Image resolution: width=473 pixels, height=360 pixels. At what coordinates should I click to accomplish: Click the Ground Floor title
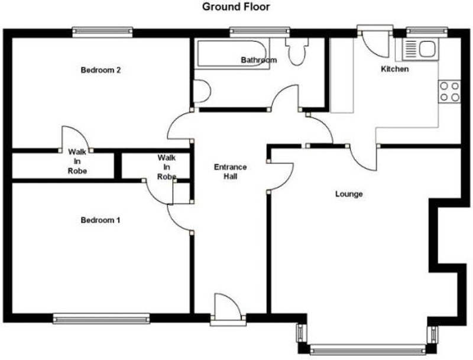[x=236, y=7]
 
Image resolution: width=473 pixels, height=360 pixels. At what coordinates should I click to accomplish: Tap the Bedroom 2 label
[x=101, y=70]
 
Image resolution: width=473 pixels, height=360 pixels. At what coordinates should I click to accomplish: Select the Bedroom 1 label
[x=101, y=220]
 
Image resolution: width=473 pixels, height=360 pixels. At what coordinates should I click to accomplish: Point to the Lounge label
[x=349, y=194]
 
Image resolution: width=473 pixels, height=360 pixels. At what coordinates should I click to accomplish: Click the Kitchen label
[x=395, y=69]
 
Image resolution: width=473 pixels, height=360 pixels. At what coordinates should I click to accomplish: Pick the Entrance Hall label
[x=231, y=171]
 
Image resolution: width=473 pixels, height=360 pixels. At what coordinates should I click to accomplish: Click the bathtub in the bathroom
[x=232, y=54]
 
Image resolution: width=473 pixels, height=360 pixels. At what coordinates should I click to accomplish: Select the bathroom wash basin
[x=202, y=91]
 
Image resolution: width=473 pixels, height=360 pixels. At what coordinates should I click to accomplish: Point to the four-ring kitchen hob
[x=449, y=92]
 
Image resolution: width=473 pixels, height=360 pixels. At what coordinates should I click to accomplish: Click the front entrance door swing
[x=228, y=306]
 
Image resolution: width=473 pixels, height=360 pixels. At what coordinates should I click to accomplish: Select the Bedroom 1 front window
[x=101, y=319]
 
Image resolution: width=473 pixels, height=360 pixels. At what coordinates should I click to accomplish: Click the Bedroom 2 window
[x=102, y=33]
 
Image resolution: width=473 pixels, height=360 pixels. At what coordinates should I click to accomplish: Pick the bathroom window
[x=260, y=33]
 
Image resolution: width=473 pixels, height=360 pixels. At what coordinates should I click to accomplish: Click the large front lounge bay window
[x=368, y=350]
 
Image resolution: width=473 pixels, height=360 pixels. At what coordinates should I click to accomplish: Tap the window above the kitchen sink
[x=426, y=33]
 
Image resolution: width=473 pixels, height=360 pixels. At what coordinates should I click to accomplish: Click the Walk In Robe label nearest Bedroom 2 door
[x=77, y=161]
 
